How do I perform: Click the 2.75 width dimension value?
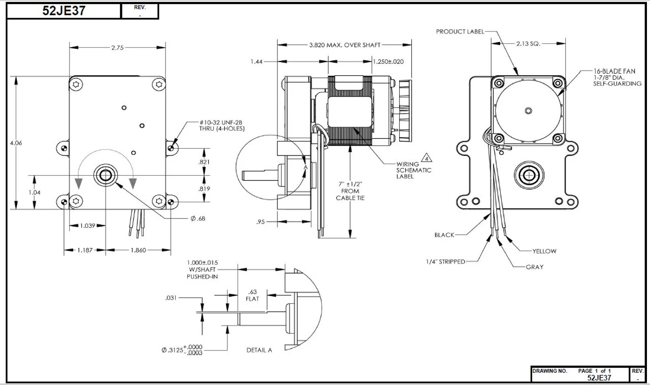pos(118,47)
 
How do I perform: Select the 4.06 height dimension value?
pos(16,143)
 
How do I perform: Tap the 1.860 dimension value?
pos(138,250)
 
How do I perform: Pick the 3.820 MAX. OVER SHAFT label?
pos(344,45)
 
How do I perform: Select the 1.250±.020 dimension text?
pos(388,61)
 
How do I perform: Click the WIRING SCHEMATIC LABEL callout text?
pos(414,170)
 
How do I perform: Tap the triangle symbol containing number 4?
pos(428,156)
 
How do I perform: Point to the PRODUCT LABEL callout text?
pos(460,31)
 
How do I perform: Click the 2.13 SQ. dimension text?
pos(528,44)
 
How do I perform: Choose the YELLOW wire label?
pos(544,251)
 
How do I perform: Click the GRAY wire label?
pos(535,267)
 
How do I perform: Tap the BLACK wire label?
pos(444,235)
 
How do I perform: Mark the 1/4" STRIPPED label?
pos(445,262)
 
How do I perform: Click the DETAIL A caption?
pos(259,350)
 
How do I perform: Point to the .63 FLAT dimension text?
pos(252,296)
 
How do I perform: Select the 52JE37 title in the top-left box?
pos(63,11)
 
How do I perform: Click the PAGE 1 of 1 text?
pos(595,371)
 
